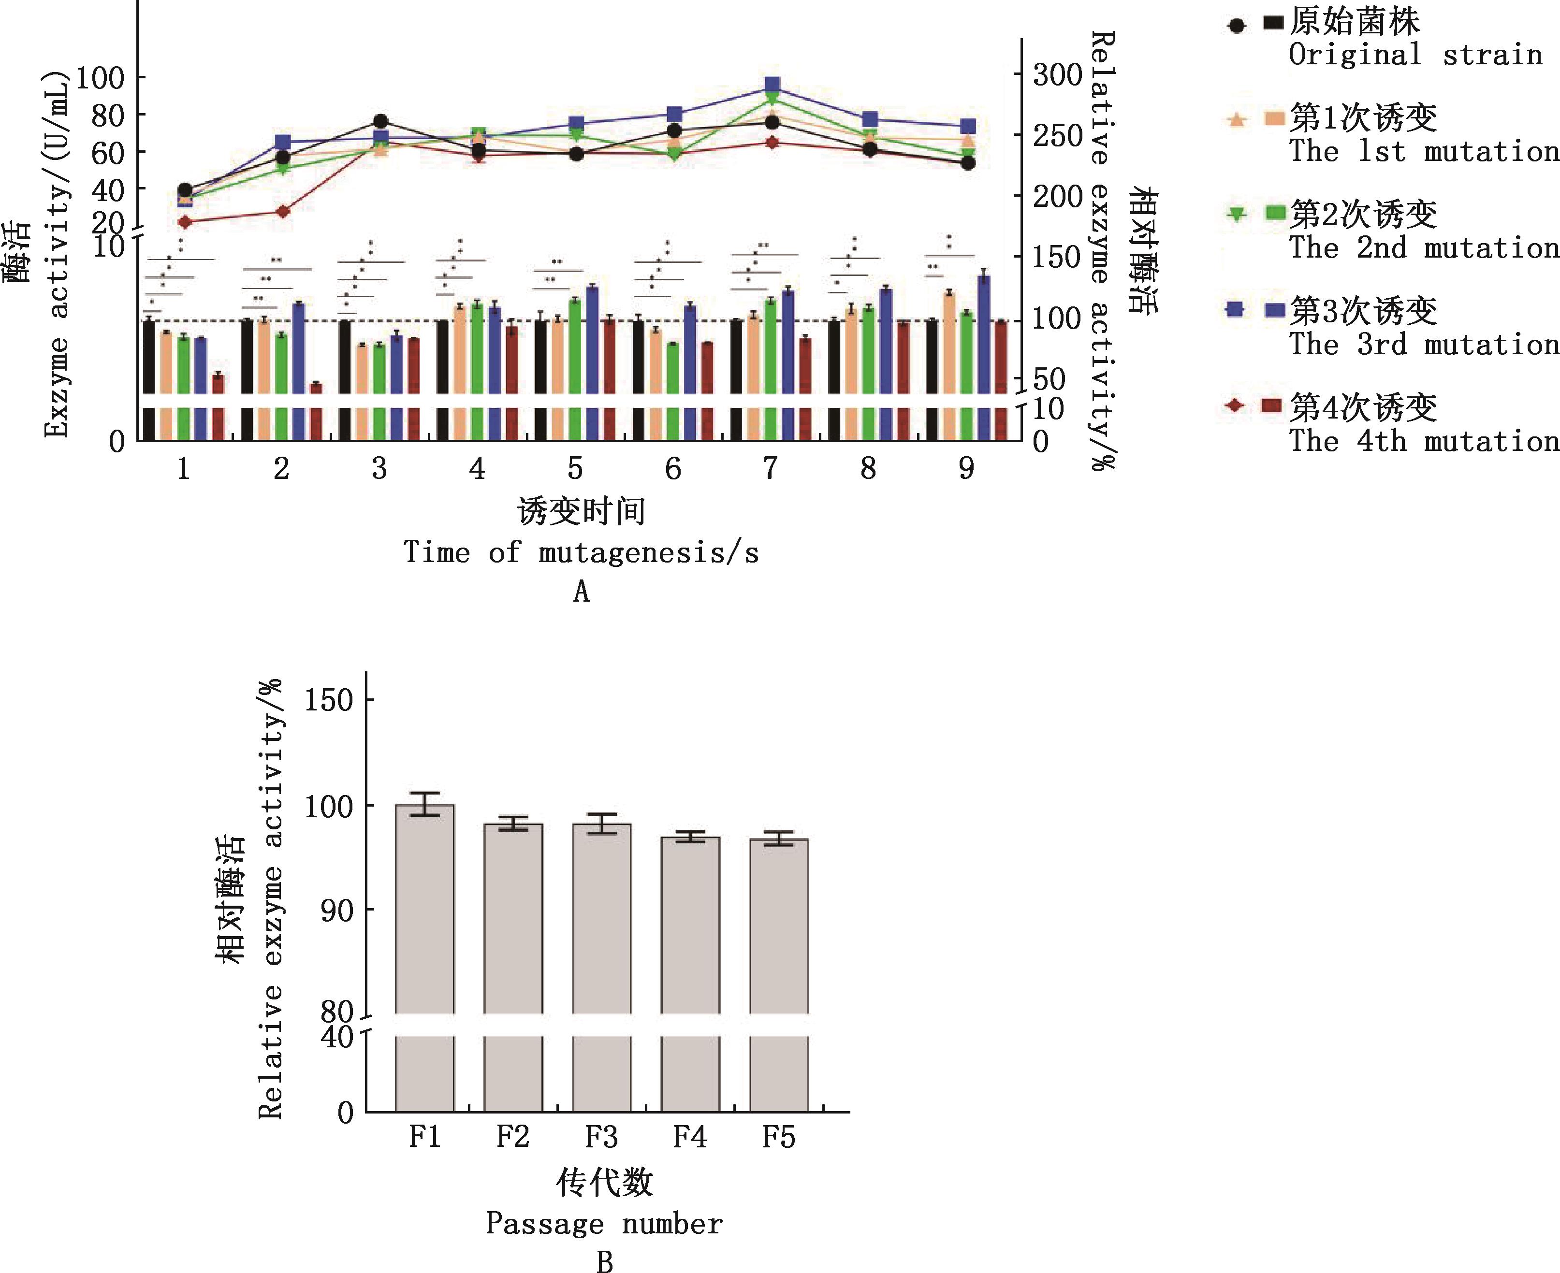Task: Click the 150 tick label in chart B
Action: [329, 700]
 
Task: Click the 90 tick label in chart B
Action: [337, 911]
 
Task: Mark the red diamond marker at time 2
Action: [282, 212]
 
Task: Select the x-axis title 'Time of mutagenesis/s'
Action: [581, 552]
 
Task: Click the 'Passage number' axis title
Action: [604, 1224]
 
